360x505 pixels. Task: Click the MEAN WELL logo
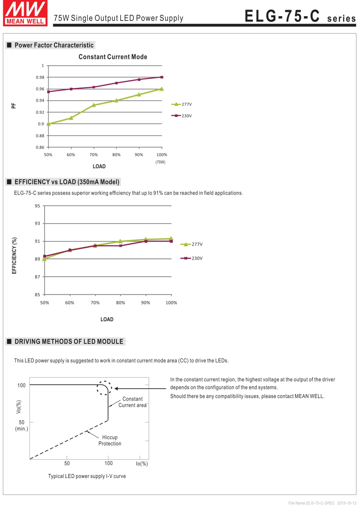pos(25,13)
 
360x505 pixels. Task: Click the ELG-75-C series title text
pos(300,16)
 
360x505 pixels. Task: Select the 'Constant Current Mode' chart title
pos(113,57)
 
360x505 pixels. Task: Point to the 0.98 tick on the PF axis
pos(40,77)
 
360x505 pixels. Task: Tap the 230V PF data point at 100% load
pos(162,77)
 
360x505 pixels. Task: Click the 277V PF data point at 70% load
pos(94,105)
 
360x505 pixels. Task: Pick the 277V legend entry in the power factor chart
pos(181,104)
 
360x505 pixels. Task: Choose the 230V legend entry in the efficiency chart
pos(191,258)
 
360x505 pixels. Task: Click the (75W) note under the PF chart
pos(160,162)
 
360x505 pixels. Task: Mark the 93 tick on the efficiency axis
pos(37,223)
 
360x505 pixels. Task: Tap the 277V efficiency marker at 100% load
pos(171,238)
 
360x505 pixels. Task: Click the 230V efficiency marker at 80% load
pos(121,246)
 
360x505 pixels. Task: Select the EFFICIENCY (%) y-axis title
pos(14,256)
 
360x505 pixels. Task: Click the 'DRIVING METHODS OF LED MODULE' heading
pos(69,341)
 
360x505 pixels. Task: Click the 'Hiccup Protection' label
pos(110,440)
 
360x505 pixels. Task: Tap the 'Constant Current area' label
pos(132,402)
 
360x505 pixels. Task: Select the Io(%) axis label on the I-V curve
pos(142,464)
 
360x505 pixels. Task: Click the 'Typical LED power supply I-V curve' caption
pos(87,476)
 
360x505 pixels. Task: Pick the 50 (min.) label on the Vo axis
pos(22,425)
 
